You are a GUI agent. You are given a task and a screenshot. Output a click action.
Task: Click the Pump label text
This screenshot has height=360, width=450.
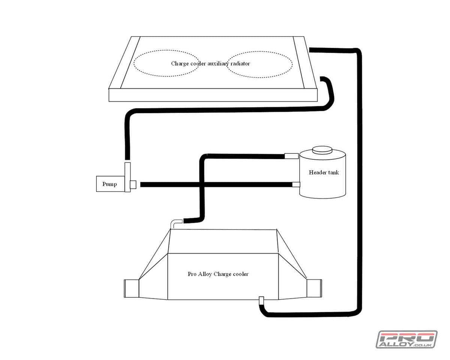click(x=109, y=184)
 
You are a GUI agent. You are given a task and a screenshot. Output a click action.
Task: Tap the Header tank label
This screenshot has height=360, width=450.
click(x=324, y=172)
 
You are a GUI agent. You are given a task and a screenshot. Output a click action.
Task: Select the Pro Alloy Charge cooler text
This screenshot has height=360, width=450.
click(x=218, y=274)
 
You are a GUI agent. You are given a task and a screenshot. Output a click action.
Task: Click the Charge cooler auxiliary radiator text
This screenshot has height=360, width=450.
click(x=210, y=63)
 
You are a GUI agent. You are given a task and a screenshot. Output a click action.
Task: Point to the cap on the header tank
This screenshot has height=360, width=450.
click(x=322, y=150)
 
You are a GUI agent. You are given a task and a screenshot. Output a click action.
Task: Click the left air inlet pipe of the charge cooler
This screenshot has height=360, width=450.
click(x=131, y=289)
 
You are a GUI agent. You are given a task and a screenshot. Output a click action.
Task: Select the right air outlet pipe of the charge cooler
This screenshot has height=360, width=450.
click(x=314, y=289)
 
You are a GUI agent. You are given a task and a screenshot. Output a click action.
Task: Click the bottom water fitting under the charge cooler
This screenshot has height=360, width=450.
click(x=262, y=300)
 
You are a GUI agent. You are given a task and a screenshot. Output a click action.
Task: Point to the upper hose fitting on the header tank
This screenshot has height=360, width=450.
click(x=291, y=156)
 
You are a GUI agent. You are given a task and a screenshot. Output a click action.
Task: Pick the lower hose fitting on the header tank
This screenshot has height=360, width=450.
click(x=296, y=184)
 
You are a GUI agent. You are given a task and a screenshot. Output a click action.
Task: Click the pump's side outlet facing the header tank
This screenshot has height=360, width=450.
click(x=133, y=184)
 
